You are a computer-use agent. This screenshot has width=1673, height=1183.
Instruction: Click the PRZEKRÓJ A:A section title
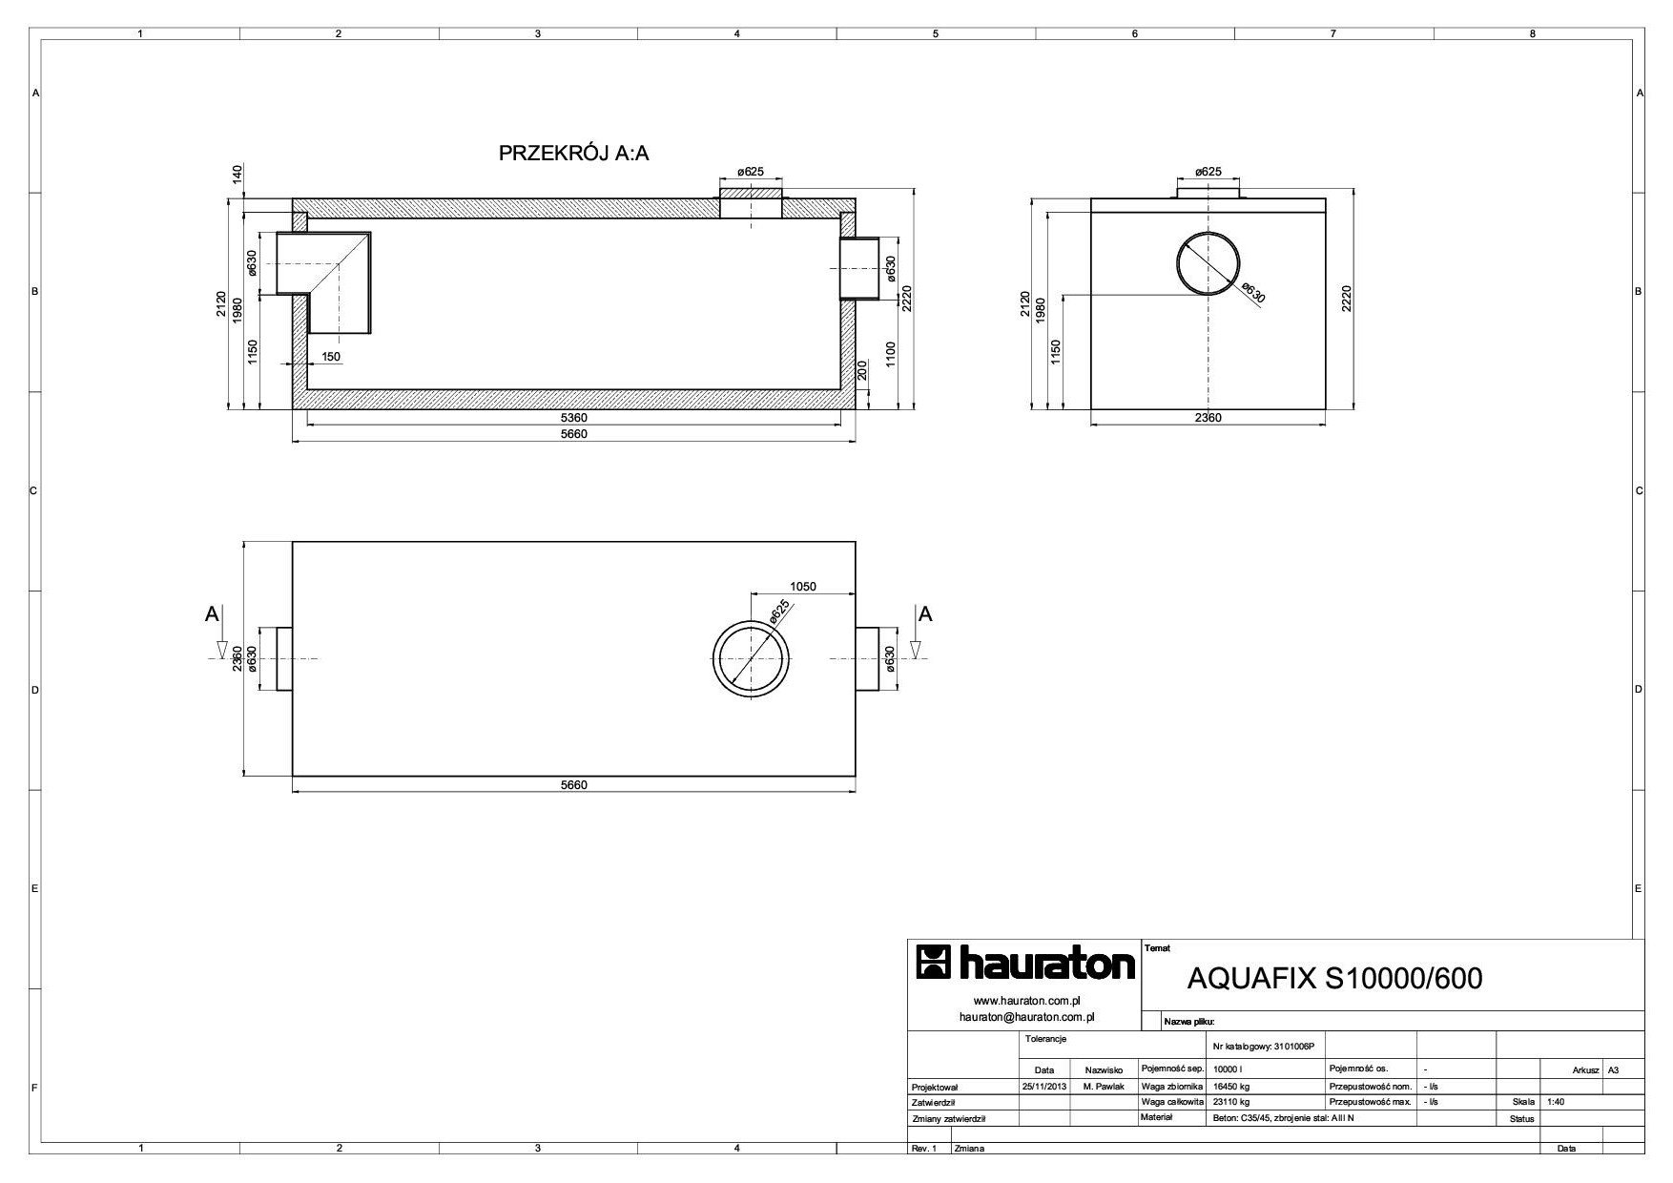point(573,153)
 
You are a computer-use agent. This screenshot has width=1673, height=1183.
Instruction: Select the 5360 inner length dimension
point(574,418)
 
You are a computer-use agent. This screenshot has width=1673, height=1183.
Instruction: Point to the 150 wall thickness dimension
point(330,357)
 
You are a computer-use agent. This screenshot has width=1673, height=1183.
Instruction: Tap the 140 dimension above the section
point(235,174)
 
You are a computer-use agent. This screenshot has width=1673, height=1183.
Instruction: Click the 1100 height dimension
point(890,355)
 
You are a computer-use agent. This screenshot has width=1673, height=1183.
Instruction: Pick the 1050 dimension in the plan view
point(803,587)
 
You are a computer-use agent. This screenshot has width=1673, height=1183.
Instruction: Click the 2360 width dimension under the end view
point(1208,418)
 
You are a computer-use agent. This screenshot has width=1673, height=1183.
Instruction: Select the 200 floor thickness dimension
point(863,371)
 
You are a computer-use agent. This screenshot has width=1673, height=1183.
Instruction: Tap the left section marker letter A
point(212,614)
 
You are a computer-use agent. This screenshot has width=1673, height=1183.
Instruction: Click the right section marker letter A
point(924,614)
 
